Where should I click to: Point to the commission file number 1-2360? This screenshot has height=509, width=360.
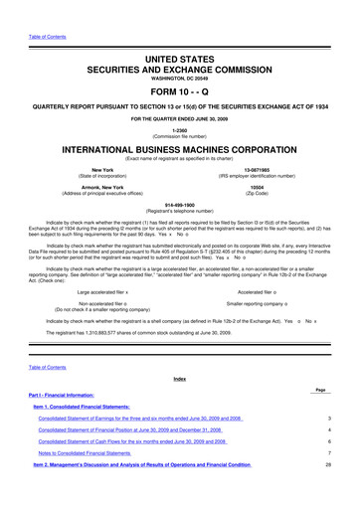pos(179,131)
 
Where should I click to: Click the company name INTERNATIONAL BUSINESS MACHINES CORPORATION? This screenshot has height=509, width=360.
pos(179,154)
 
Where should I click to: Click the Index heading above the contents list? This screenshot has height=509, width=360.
pos(179,407)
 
